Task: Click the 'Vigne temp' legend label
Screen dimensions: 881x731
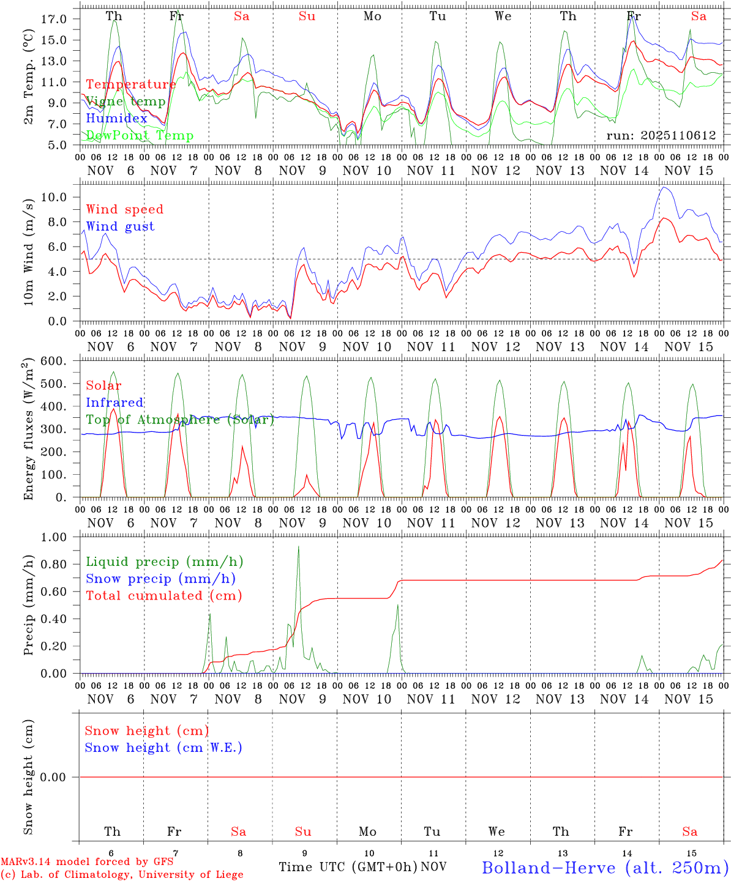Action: (126, 102)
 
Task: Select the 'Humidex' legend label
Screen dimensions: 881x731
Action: (116, 119)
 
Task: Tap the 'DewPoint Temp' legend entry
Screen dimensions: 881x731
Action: (140, 136)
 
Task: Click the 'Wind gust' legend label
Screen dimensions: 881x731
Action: (120, 226)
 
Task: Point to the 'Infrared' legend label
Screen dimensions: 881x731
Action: (114, 403)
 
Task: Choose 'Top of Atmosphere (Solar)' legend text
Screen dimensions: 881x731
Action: (180, 420)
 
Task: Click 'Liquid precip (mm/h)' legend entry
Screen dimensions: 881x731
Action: (165, 562)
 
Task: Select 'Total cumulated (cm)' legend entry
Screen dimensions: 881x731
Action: (164, 596)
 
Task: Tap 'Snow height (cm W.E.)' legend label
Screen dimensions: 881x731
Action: (163, 748)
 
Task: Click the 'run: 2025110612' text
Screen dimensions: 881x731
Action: (661, 136)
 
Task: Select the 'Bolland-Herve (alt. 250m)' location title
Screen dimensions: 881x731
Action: (605, 868)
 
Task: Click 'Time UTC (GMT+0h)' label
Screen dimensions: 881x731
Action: (348, 867)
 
